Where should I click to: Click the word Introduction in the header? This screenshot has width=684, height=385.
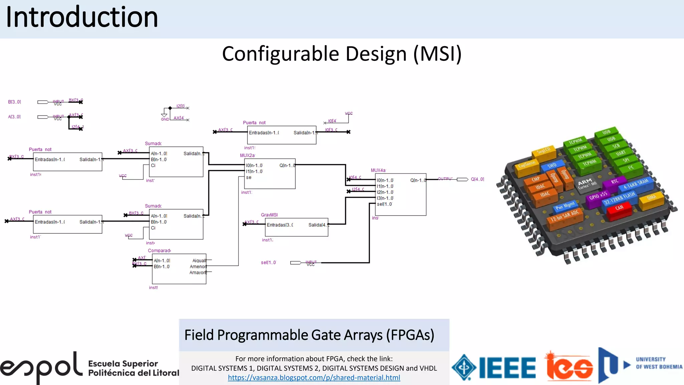tap(82, 17)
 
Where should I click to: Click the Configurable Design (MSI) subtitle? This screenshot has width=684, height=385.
tap(342, 54)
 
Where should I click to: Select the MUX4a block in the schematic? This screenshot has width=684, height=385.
tap(400, 194)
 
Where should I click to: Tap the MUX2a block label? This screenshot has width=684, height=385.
tap(247, 155)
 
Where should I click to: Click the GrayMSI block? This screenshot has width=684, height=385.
tap(297, 227)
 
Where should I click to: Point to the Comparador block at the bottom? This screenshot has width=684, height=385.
tap(179, 269)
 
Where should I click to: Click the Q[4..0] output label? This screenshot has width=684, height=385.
tap(477, 179)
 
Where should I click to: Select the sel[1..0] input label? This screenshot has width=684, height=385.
tap(268, 263)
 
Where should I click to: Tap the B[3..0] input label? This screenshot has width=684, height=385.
tap(14, 102)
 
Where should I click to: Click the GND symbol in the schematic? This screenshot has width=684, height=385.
tap(165, 117)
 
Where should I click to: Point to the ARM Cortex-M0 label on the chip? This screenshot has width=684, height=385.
tap(586, 183)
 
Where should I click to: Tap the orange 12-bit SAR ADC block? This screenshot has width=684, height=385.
tap(564, 216)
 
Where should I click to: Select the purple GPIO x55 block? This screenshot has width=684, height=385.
tap(598, 196)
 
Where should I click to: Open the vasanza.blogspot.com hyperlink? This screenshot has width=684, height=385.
tap(314, 378)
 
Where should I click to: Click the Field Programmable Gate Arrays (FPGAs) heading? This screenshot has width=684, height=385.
tap(309, 335)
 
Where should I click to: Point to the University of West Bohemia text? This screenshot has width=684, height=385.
tap(659, 363)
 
